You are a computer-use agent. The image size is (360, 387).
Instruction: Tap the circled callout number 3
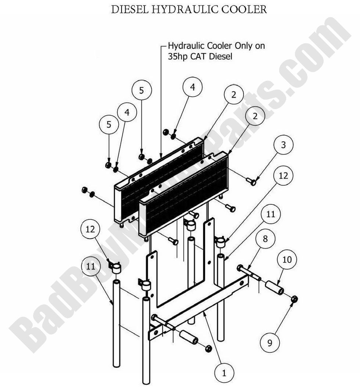coord(283,145)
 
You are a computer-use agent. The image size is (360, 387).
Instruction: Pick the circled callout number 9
coord(270,343)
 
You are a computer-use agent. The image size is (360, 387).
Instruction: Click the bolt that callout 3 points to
coord(252,181)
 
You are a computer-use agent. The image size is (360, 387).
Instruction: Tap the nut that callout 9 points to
coord(294,299)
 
